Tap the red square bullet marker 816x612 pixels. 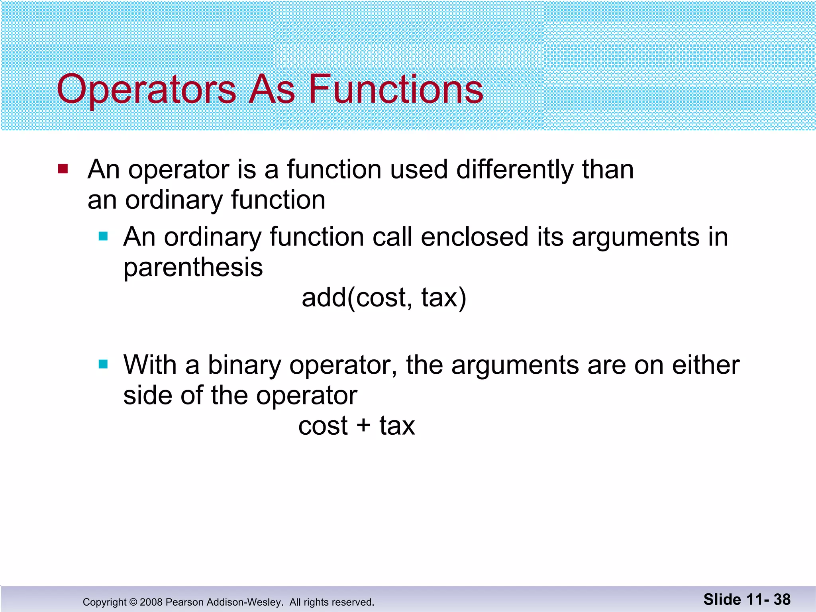point(63,169)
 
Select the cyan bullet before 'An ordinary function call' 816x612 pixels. point(103,237)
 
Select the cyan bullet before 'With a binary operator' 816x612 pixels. point(103,364)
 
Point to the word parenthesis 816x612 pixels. point(193,268)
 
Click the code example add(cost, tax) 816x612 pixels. point(384,298)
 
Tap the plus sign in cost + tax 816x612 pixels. point(363,425)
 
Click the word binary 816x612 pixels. point(244,365)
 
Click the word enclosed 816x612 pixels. point(474,237)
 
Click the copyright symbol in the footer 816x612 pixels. point(133,602)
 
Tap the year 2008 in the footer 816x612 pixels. point(151,602)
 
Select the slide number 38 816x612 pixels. point(782,600)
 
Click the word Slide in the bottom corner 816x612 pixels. point(722,600)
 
